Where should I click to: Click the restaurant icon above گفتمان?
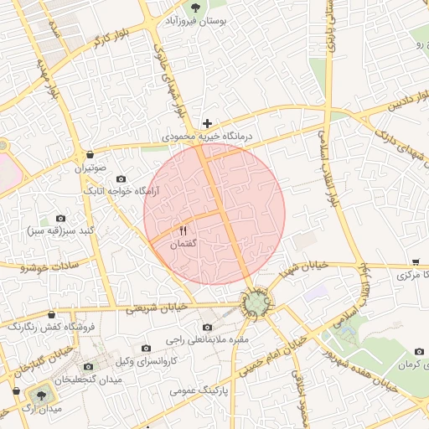click(183, 230)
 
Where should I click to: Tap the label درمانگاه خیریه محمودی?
click(208, 136)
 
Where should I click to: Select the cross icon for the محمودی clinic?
click(207, 123)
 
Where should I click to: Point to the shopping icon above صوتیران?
click(90, 154)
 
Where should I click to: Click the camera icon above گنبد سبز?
click(59, 218)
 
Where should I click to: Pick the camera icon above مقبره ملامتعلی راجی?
click(208, 327)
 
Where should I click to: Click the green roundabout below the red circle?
click(255, 302)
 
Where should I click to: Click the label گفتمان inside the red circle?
click(183, 244)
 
